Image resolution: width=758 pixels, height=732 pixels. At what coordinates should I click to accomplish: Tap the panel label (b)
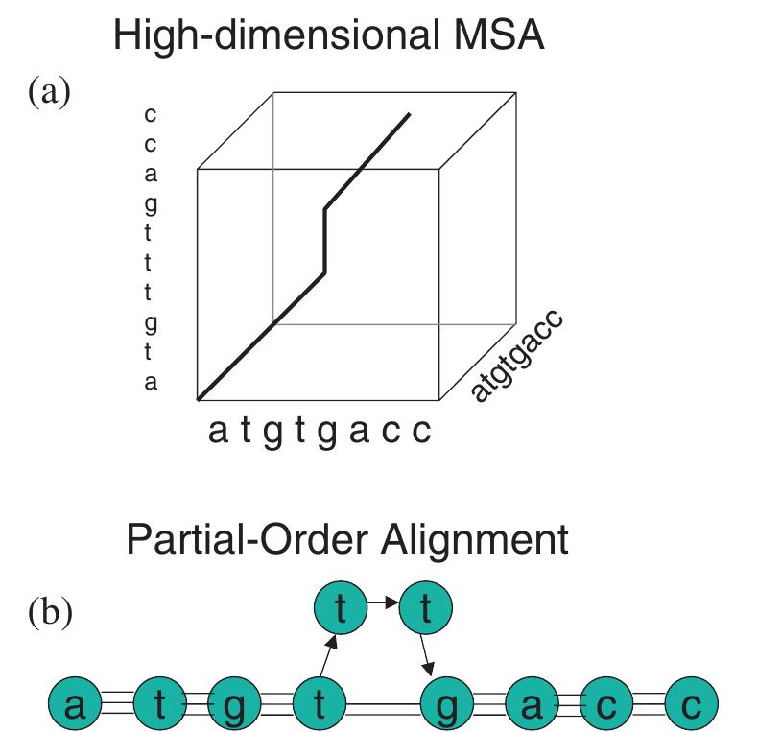pos(49,612)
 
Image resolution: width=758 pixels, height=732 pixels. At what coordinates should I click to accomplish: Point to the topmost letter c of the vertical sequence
pos(150,116)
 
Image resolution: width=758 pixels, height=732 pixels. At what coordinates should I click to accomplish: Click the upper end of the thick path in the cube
pos(410,114)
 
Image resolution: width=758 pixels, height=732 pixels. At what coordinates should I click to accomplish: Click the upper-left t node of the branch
pos(341,607)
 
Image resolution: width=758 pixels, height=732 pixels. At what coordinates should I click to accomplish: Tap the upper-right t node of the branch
pos(425,607)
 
